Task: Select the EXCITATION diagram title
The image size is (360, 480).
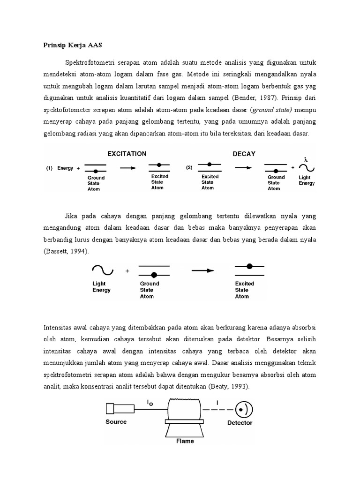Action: pos(127,153)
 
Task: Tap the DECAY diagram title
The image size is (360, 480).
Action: pos(244,153)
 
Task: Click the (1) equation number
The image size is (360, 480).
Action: pos(48,168)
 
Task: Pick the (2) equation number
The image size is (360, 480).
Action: pos(189,167)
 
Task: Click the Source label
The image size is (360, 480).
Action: pos(116,421)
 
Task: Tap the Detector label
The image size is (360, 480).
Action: pos(240,422)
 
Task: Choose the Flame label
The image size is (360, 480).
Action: pos(185,441)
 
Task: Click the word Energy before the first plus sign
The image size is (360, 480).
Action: pos(65,168)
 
